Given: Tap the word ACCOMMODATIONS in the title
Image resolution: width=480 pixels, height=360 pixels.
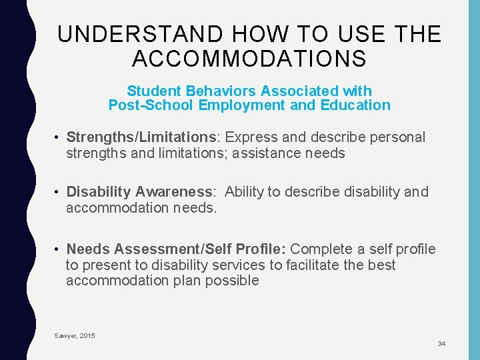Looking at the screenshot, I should pos(249,59).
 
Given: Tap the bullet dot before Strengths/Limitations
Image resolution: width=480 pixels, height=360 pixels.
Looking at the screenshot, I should pos(59,138).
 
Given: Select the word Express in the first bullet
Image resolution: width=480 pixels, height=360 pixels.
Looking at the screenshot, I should pos(249,137).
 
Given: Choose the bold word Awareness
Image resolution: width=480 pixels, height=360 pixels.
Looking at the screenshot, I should pos(175,192).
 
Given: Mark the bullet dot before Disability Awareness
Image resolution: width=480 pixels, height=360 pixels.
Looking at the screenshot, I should pos(59,193).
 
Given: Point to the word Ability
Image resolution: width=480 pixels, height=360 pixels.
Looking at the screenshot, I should pos(244,192).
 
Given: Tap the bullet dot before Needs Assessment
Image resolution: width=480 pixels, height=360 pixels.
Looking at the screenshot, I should pos(59,250).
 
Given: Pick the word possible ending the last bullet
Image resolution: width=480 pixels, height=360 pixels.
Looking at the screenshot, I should pos(233,281).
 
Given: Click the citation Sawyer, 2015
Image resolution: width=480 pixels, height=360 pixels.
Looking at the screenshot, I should pos(75,335).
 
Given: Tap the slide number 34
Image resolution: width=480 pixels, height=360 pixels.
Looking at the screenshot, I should pos(441,343).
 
